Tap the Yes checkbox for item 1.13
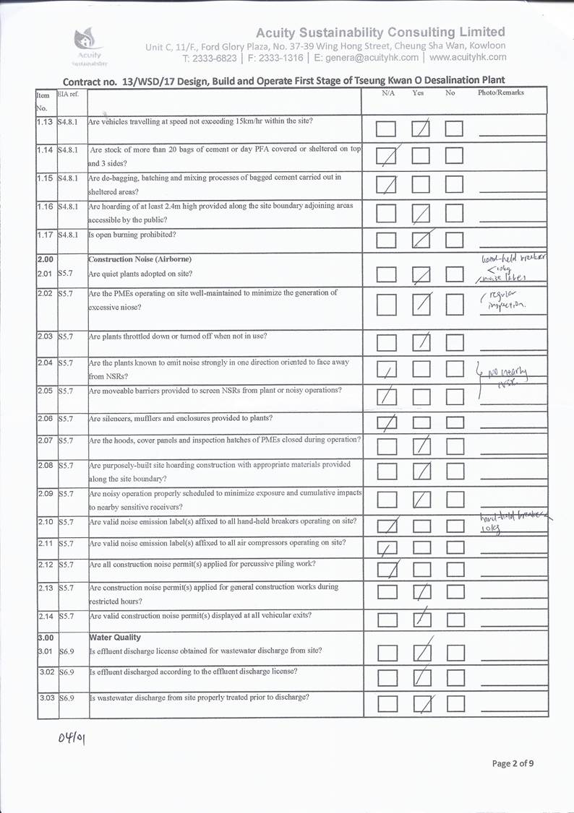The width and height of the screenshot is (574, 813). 421,129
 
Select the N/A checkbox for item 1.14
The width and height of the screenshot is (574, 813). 387,157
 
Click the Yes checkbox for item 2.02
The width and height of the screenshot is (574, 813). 421,305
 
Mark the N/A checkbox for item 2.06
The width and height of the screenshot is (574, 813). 387,422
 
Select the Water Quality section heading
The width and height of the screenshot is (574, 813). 115,638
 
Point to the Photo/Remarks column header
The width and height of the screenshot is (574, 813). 500,93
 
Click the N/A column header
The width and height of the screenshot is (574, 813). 388,93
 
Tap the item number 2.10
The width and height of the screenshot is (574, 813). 46,522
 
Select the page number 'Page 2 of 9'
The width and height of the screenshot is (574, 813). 513,763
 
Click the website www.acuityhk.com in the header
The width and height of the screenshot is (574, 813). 468,58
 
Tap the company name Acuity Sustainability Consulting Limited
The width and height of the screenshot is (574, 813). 380,32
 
